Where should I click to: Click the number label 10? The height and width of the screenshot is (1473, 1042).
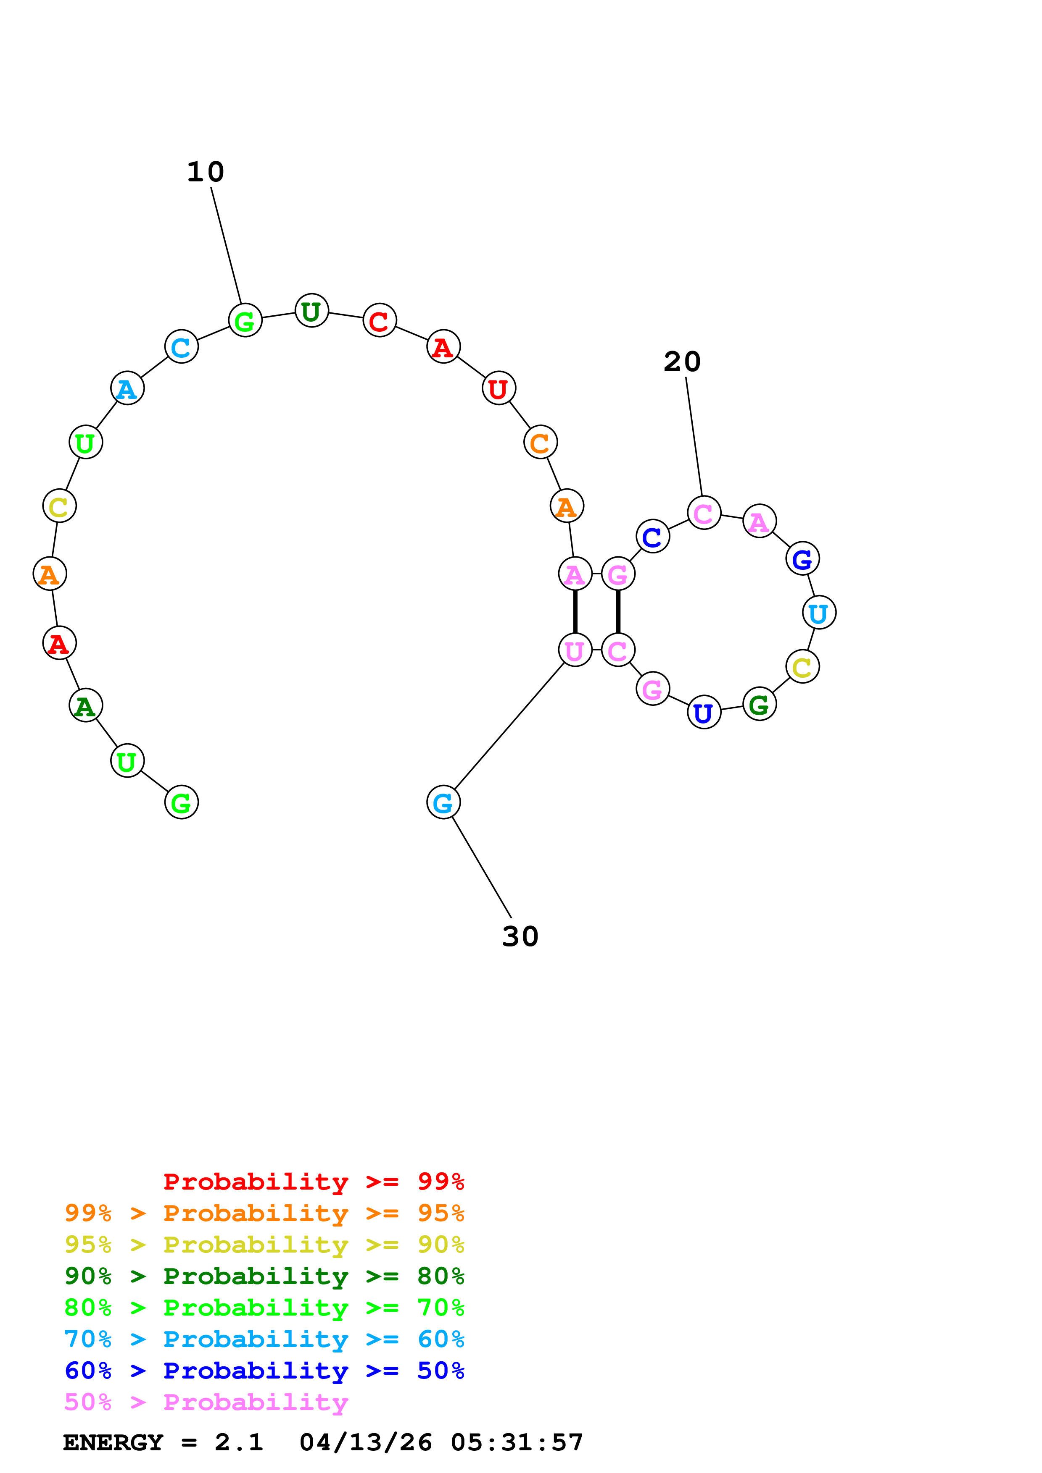click(x=206, y=172)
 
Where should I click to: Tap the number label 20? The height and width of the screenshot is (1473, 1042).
click(x=682, y=362)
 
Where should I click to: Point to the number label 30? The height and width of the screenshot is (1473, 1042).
click(x=520, y=937)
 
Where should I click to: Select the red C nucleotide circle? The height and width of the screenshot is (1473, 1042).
click(x=380, y=320)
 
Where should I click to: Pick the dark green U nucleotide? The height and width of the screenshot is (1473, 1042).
click(x=311, y=311)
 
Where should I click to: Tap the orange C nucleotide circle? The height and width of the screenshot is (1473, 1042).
click(x=541, y=442)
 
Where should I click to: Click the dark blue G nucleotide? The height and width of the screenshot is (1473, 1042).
click(x=802, y=559)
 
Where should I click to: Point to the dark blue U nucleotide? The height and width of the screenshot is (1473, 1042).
click(x=704, y=713)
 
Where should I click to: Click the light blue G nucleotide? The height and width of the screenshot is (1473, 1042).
click(x=443, y=802)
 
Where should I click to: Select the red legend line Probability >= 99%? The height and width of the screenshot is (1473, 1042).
click(x=313, y=1182)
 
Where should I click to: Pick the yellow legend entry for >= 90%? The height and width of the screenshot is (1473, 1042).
click(x=264, y=1245)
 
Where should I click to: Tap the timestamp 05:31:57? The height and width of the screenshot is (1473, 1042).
click(x=517, y=1442)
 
